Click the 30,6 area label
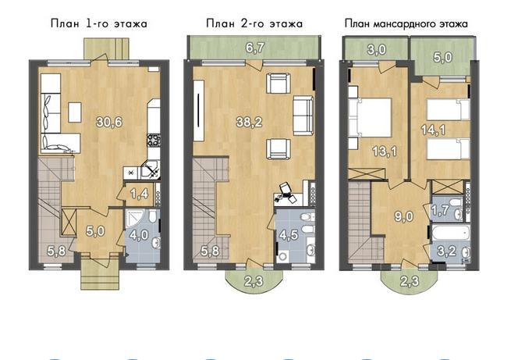tap(109, 123)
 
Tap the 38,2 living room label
tap(250, 123)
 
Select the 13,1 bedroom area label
tap(385, 151)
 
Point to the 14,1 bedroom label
tap(434, 130)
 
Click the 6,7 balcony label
tap(255, 48)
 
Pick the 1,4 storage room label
tap(140, 194)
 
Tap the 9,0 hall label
tap(404, 216)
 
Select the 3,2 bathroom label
tap(448, 251)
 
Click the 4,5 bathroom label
tap(289, 234)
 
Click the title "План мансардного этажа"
tap(406, 23)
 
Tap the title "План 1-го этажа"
tap(99, 23)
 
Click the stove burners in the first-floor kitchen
tap(154, 140)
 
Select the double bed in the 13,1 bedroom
tap(370, 117)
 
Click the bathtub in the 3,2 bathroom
tap(450, 233)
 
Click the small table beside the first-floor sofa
tap(75, 112)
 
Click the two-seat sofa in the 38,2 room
tap(303, 116)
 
